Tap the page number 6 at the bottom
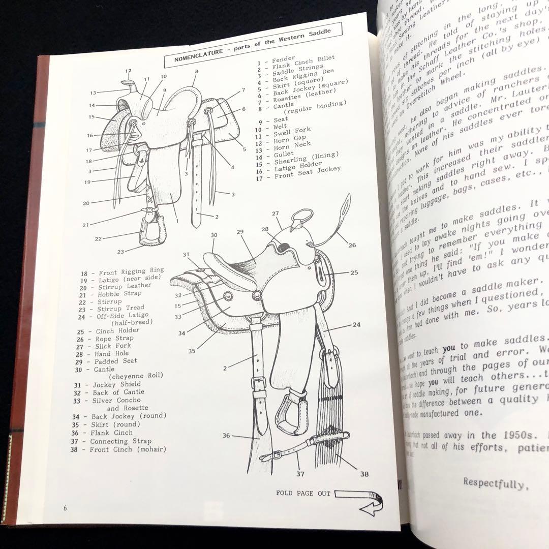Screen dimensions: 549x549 click(x=66, y=508)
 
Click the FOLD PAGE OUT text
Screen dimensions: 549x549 click(x=303, y=493)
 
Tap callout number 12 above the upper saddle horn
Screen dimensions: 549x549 click(x=128, y=71)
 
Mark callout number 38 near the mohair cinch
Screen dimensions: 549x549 click(x=364, y=474)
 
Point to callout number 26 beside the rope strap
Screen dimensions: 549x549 click(x=352, y=245)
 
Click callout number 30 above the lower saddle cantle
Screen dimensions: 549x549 click(x=214, y=235)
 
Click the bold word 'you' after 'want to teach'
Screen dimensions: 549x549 click(x=448, y=350)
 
